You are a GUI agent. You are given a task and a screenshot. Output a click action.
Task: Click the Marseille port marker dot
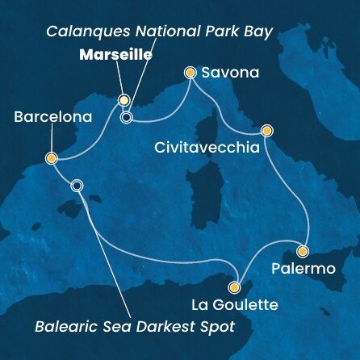[x=123, y=101]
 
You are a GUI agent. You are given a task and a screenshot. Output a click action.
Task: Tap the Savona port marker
[x=190, y=73]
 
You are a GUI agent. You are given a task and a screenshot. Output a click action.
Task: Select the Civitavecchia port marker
[x=266, y=130]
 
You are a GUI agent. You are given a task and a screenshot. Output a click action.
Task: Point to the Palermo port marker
[x=303, y=250]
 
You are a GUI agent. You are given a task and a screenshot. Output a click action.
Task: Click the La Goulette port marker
[x=235, y=287]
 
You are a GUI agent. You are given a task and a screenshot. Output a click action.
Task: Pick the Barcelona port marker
[x=50, y=159]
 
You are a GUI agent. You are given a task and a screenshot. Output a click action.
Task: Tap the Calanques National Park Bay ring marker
[x=126, y=118]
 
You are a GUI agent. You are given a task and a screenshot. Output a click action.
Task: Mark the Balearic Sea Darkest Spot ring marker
[x=77, y=185]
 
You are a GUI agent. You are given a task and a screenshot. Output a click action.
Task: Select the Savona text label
[x=230, y=73]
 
